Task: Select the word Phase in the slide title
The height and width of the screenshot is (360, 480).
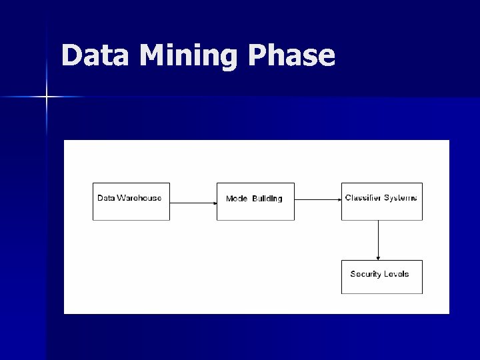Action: click(x=292, y=55)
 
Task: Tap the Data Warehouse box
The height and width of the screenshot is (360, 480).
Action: click(x=131, y=201)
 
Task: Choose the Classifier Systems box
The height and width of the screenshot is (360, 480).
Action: click(x=381, y=201)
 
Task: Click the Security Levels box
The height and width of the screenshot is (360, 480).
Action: click(x=381, y=277)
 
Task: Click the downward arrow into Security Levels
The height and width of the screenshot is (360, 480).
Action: click(x=379, y=240)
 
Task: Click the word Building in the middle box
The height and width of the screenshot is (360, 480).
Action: click(x=267, y=199)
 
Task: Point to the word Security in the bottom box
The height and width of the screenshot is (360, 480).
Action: click(x=365, y=274)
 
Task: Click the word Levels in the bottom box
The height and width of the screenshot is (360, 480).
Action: click(x=397, y=274)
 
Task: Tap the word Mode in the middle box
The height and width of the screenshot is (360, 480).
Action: click(x=237, y=199)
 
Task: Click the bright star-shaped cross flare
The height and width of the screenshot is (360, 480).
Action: click(x=47, y=97)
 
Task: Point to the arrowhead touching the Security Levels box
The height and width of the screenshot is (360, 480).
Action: click(x=379, y=257)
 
